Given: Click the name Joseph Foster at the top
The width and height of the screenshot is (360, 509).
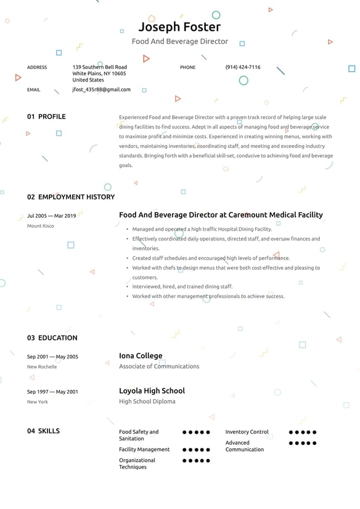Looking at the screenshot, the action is pyautogui.click(x=179, y=27).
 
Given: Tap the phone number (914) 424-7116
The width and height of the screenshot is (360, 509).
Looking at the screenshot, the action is pyautogui.click(x=242, y=67).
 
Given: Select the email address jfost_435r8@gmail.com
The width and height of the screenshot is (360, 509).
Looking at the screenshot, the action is pyautogui.click(x=101, y=89).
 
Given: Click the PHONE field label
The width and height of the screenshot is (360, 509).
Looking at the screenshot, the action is pyautogui.click(x=187, y=67).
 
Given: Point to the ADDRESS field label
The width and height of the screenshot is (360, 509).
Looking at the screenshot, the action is pyautogui.click(x=37, y=67).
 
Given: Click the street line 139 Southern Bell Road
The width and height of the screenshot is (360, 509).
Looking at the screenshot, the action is pyautogui.click(x=99, y=67).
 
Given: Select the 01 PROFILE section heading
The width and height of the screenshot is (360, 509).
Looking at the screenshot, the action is pyautogui.click(x=46, y=117).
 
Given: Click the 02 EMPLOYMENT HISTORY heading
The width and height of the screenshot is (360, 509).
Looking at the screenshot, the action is pyautogui.click(x=71, y=197).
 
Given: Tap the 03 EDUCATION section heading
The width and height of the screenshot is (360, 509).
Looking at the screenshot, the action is pyautogui.click(x=52, y=338).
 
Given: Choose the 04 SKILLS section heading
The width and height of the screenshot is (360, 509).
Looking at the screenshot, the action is pyautogui.click(x=43, y=431).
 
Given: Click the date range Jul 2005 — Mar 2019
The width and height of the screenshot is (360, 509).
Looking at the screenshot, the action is pyautogui.click(x=52, y=216).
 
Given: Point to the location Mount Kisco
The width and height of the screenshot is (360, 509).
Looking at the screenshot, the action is pyautogui.click(x=40, y=226).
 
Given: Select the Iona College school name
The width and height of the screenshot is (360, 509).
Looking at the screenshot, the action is pyautogui.click(x=141, y=356).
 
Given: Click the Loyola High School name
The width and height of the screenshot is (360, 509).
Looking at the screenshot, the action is pyautogui.click(x=152, y=391).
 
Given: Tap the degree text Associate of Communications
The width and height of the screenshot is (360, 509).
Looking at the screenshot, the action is pyautogui.click(x=159, y=366).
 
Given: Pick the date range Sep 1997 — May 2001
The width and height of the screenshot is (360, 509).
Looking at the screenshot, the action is pyautogui.click(x=52, y=392).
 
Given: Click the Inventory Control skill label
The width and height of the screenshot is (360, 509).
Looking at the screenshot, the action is pyautogui.click(x=247, y=432).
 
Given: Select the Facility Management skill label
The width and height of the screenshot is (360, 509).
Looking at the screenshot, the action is pyautogui.click(x=144, y=449).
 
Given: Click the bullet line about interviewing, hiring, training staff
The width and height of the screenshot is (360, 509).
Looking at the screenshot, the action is pyautogui.click(x=182, y=287).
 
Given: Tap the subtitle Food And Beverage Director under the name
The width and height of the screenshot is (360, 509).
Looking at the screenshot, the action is pyautogui.click(x=179, y=41).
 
